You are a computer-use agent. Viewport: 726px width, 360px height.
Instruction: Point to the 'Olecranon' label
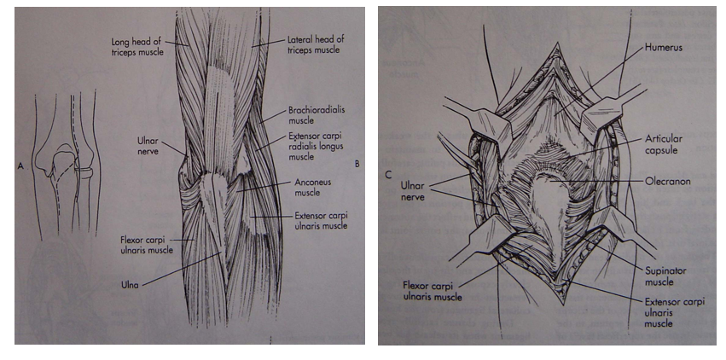pos(669,182)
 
